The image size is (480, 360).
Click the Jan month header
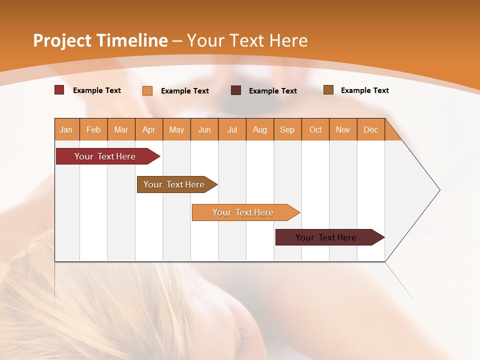click(66, 129)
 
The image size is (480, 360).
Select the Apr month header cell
click(149, 129)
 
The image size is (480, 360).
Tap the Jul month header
click(232, 129)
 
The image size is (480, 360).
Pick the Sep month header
click(287, 129)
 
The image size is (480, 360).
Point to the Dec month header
click(371, 129)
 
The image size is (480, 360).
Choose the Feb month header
click(93, 129)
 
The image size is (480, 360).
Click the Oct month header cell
click(315, 129)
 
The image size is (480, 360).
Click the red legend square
click(59, 90)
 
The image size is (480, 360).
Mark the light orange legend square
click(147, 90)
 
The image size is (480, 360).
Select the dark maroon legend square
click(236, 90)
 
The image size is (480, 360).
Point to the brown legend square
click(328, 90)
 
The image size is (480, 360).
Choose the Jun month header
click(204, 129)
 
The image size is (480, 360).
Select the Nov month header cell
click(343, 129)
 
